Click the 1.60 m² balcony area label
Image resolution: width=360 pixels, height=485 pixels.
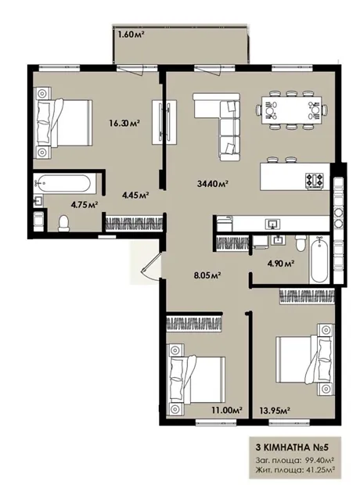(131, 34)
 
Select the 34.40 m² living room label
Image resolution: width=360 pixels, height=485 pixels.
(213, 184)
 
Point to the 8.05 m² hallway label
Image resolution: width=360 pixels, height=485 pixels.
(207, 275)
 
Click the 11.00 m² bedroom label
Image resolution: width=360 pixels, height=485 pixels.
(227, 410)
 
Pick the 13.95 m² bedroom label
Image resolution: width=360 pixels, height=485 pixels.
(274, 411)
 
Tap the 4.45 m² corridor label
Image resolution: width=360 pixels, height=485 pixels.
(135, 195)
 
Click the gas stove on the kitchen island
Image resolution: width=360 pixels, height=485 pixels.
(315, 180)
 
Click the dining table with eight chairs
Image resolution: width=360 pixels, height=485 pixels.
(292, 110)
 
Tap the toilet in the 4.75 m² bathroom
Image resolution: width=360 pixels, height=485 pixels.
(63, 223)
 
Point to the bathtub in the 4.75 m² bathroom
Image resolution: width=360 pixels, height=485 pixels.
(63, 184)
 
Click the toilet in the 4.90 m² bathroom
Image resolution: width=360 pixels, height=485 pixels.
(301, 244)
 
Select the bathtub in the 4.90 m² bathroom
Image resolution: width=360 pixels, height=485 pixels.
(319, 259)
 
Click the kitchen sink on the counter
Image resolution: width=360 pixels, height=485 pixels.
(272, 223)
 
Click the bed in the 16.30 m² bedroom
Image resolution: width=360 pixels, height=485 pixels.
(63, 123)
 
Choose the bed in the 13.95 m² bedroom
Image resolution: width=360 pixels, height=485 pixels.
(305, 360)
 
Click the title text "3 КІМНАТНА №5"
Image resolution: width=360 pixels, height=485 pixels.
(292, 447)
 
